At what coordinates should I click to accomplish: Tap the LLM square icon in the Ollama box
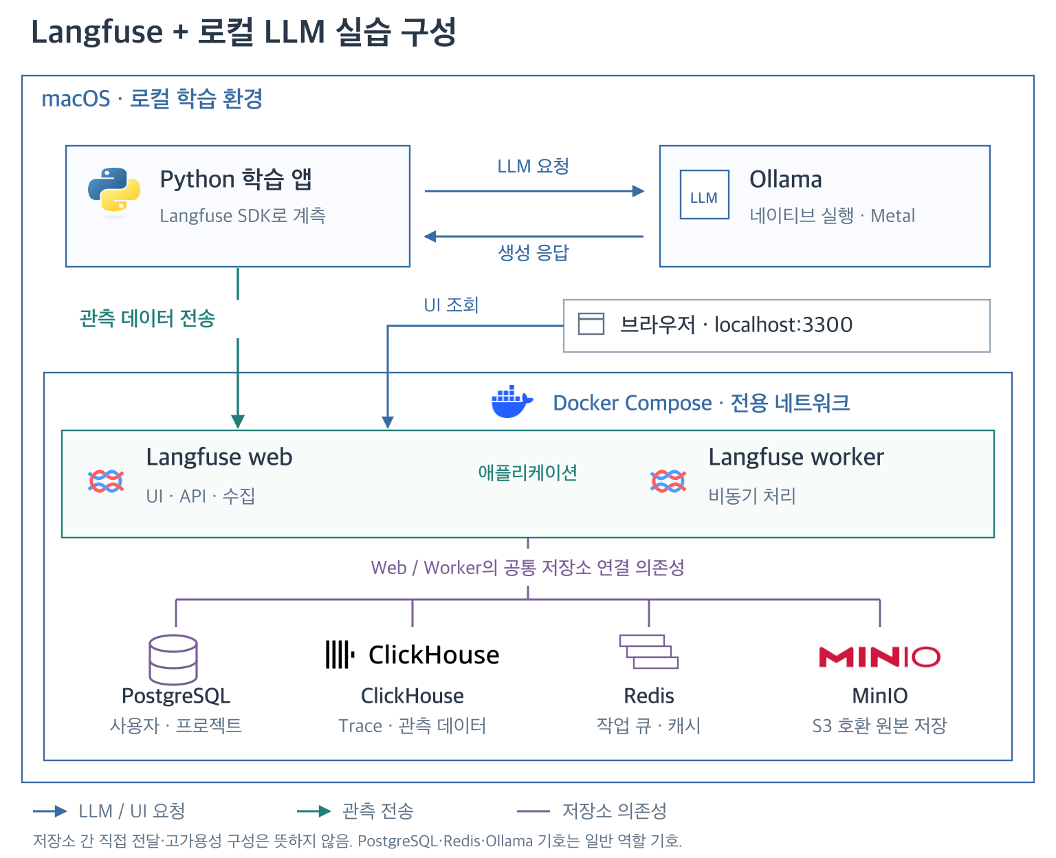tap(703, 195)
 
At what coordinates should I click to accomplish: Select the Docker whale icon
tap(511, 401)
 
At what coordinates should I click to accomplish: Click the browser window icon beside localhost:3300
tap(591, 324)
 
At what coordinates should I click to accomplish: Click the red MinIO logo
tap(879, 657)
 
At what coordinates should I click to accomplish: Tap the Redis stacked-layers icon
tap(648, 651)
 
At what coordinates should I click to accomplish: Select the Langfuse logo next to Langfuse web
tap(106, 481)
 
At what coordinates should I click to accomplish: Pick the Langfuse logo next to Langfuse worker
tap(668, 481)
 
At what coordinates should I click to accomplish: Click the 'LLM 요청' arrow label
tap(533, 166)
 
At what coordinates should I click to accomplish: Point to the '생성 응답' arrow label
tap(533, 252)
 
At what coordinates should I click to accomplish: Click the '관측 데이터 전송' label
tap(147, 318)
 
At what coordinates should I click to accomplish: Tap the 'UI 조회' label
tap(451, 305)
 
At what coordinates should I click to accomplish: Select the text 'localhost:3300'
tap(783, 324)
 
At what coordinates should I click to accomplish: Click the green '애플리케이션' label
tap(527, 472)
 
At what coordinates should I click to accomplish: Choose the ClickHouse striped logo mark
tap(340, 654)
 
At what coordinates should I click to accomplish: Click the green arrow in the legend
tap(313, 811)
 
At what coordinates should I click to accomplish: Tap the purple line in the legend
tap(533, 811)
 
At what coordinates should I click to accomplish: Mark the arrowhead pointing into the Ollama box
tap(638, 191)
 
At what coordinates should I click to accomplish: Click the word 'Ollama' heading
tap(785, 179)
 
